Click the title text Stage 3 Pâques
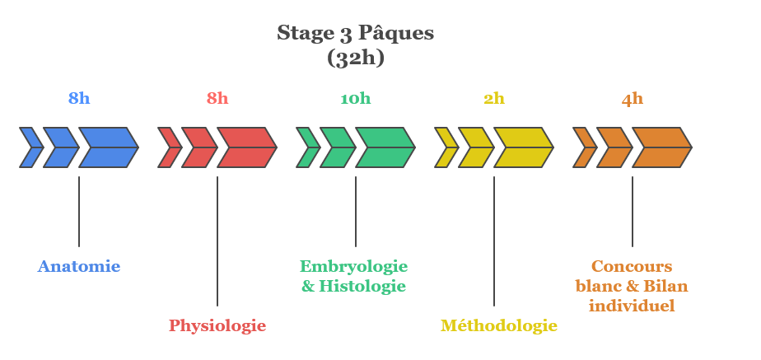click(x=355, y=33)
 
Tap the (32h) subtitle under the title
click(x=355, y=58)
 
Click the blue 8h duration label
click(x=79, y=99)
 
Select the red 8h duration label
click(x=217, y=99)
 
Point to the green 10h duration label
click(x=356, y=99)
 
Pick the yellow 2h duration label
click(x=494, y=99)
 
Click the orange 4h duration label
click(x=633, y=99)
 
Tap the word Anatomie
click(x=79, y=266)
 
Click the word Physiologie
click(x=217, y=325)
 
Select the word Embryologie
click(x=353, y=266)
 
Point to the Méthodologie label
click(x=498, y=325)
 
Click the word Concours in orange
click(x=632, y=266)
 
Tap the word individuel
click(x=632, y=306)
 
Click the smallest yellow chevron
click(x=445, y=147)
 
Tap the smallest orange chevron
click(x=583, y=147)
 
